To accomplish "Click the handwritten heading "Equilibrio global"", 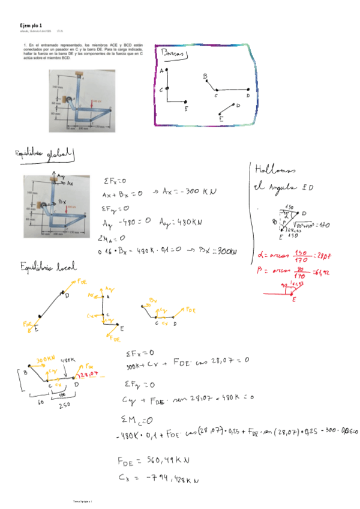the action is coord(46,156).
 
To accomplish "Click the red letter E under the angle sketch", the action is coord(294,300).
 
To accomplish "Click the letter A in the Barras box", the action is coord(162,70).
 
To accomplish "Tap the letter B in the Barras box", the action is coord(205,76).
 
